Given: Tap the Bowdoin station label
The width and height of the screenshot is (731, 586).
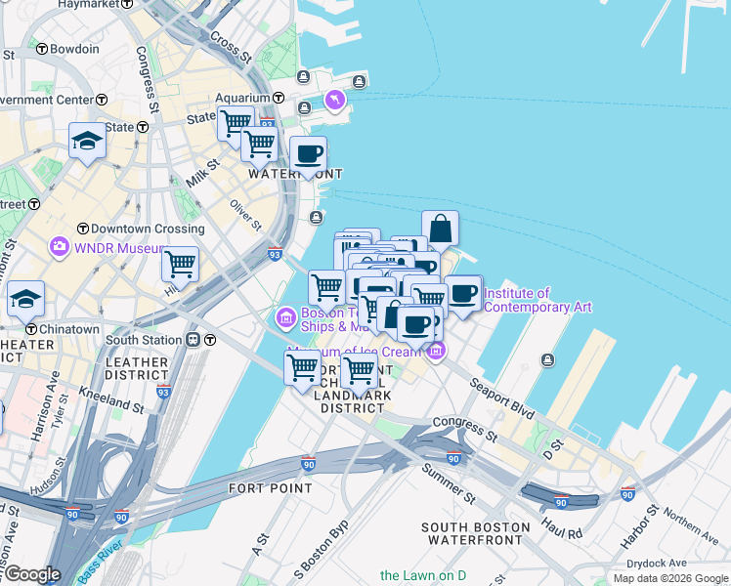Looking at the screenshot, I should (74, 49).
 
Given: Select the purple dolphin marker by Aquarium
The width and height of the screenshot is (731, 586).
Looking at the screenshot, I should (335, 101).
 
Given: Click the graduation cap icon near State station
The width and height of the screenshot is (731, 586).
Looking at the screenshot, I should (87, 142).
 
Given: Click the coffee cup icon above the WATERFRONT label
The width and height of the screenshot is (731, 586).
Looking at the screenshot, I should (308, 153).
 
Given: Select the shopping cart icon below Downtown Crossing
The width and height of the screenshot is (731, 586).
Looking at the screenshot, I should (180, 264).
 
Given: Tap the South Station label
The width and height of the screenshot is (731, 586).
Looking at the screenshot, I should (143, 340).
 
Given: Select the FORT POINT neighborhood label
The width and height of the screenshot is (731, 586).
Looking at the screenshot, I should (271, 487).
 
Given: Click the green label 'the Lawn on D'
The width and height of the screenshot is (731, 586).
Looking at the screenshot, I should (423, 575).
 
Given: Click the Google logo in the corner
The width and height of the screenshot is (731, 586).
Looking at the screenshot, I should (32, 574).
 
